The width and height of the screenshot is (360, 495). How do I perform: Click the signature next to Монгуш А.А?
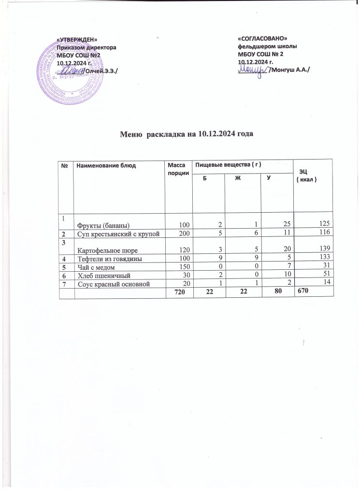(x=253, y=71)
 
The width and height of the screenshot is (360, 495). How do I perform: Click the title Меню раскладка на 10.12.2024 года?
(x=187, y=134)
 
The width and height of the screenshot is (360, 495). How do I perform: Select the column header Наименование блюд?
(x=106, y=166)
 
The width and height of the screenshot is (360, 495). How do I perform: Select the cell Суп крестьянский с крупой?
(x=119, y=233)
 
